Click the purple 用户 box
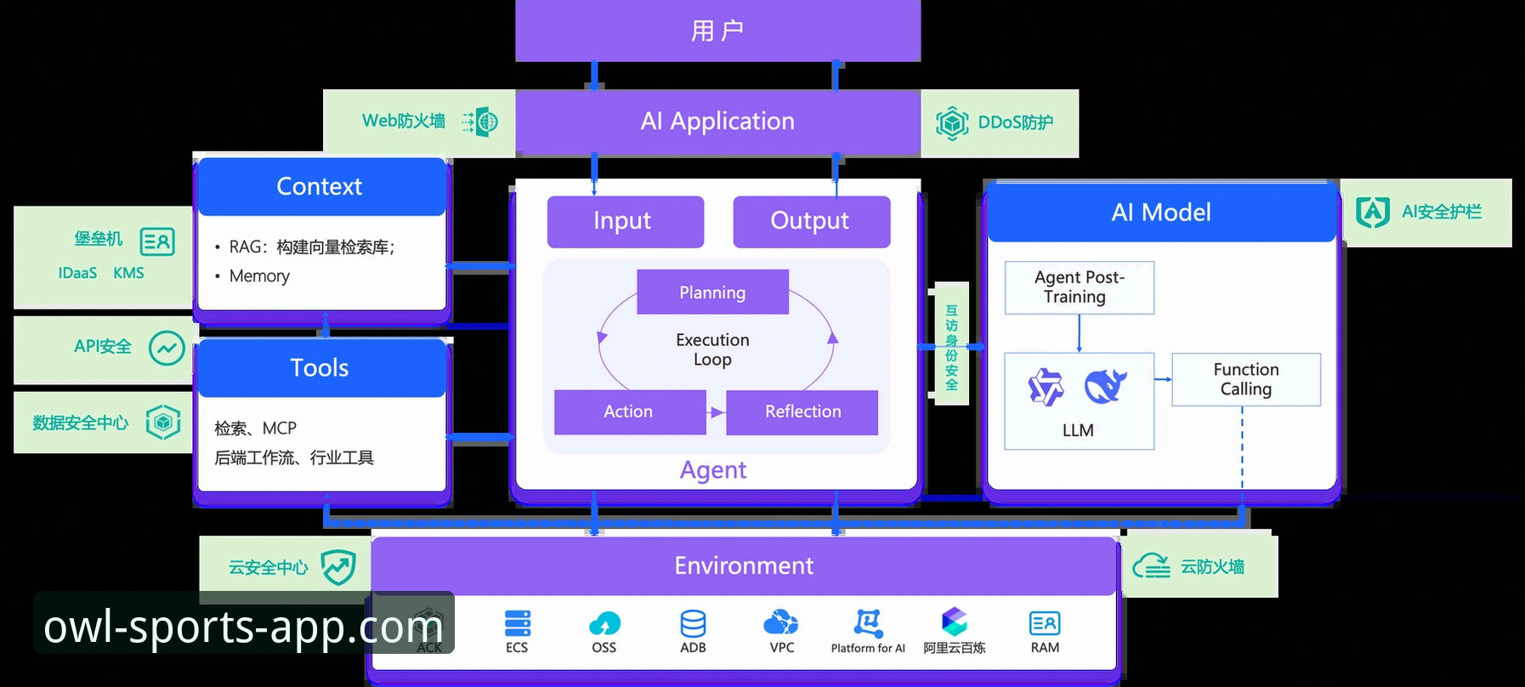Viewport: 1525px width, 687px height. (x=717, y=31)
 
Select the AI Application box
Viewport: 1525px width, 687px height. (x=717, y=122)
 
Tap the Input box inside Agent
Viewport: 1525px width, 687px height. (x=626, y=222)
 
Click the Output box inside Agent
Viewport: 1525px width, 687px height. (x=812, y=222)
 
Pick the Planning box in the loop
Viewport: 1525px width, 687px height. (x=712, y=292)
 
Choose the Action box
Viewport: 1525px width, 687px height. (x=630, y=412)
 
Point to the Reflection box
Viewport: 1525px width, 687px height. (x=802, y=412)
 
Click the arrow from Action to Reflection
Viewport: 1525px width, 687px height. (x=717, y=412)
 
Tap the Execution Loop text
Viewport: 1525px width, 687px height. (x=712, y=349)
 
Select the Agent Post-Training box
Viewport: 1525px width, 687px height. (x=1080, y=287)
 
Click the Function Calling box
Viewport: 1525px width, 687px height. (x=1246, y=379)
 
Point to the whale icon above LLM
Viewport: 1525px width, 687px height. (x=1105, y=386)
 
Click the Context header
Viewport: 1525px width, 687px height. (x=320, y=186)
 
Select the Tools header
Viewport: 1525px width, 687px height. (x=320, y=368)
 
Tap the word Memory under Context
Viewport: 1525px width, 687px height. (x=259, y=276)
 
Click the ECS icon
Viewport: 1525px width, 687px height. (x=517, y=623)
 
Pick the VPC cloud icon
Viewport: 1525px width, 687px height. (x=781, y=622)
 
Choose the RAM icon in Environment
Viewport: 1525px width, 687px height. (x=1045, y=623)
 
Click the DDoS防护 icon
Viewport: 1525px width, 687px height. (x=952, y=123)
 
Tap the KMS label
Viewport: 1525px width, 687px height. (x=128, y=273)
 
